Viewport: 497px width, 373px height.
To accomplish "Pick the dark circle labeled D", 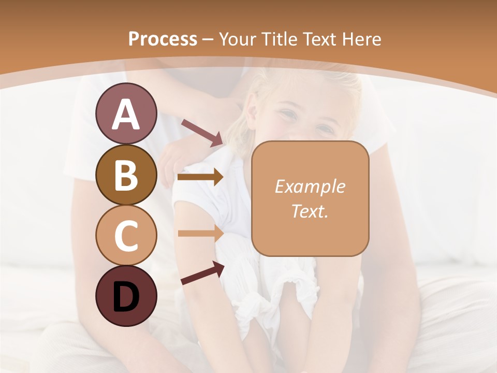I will click(x=126, y=296).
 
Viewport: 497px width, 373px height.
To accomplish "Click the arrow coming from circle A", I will click(x=202, y=132).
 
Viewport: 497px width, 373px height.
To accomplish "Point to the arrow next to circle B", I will click(x=201, y=177).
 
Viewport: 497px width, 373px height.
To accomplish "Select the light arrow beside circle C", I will click(x=201, y=233).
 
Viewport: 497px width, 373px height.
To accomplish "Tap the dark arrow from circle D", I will click(x=202, y=273).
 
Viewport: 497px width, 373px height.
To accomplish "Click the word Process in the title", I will click(x=163, y=39).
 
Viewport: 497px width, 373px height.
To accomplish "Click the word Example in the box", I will click(x=310, y=187).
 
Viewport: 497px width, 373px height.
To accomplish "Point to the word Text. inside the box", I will click(x=310, y=211).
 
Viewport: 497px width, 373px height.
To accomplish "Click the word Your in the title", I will click(x=238, y=39).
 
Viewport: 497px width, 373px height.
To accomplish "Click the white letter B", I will click(x=126, y=176).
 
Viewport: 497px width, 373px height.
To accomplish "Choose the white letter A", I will click(x=126, y=114).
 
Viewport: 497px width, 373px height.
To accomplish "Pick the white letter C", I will click(x=126, y=236).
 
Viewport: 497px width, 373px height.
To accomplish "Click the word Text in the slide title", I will click(x=321, y=39).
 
